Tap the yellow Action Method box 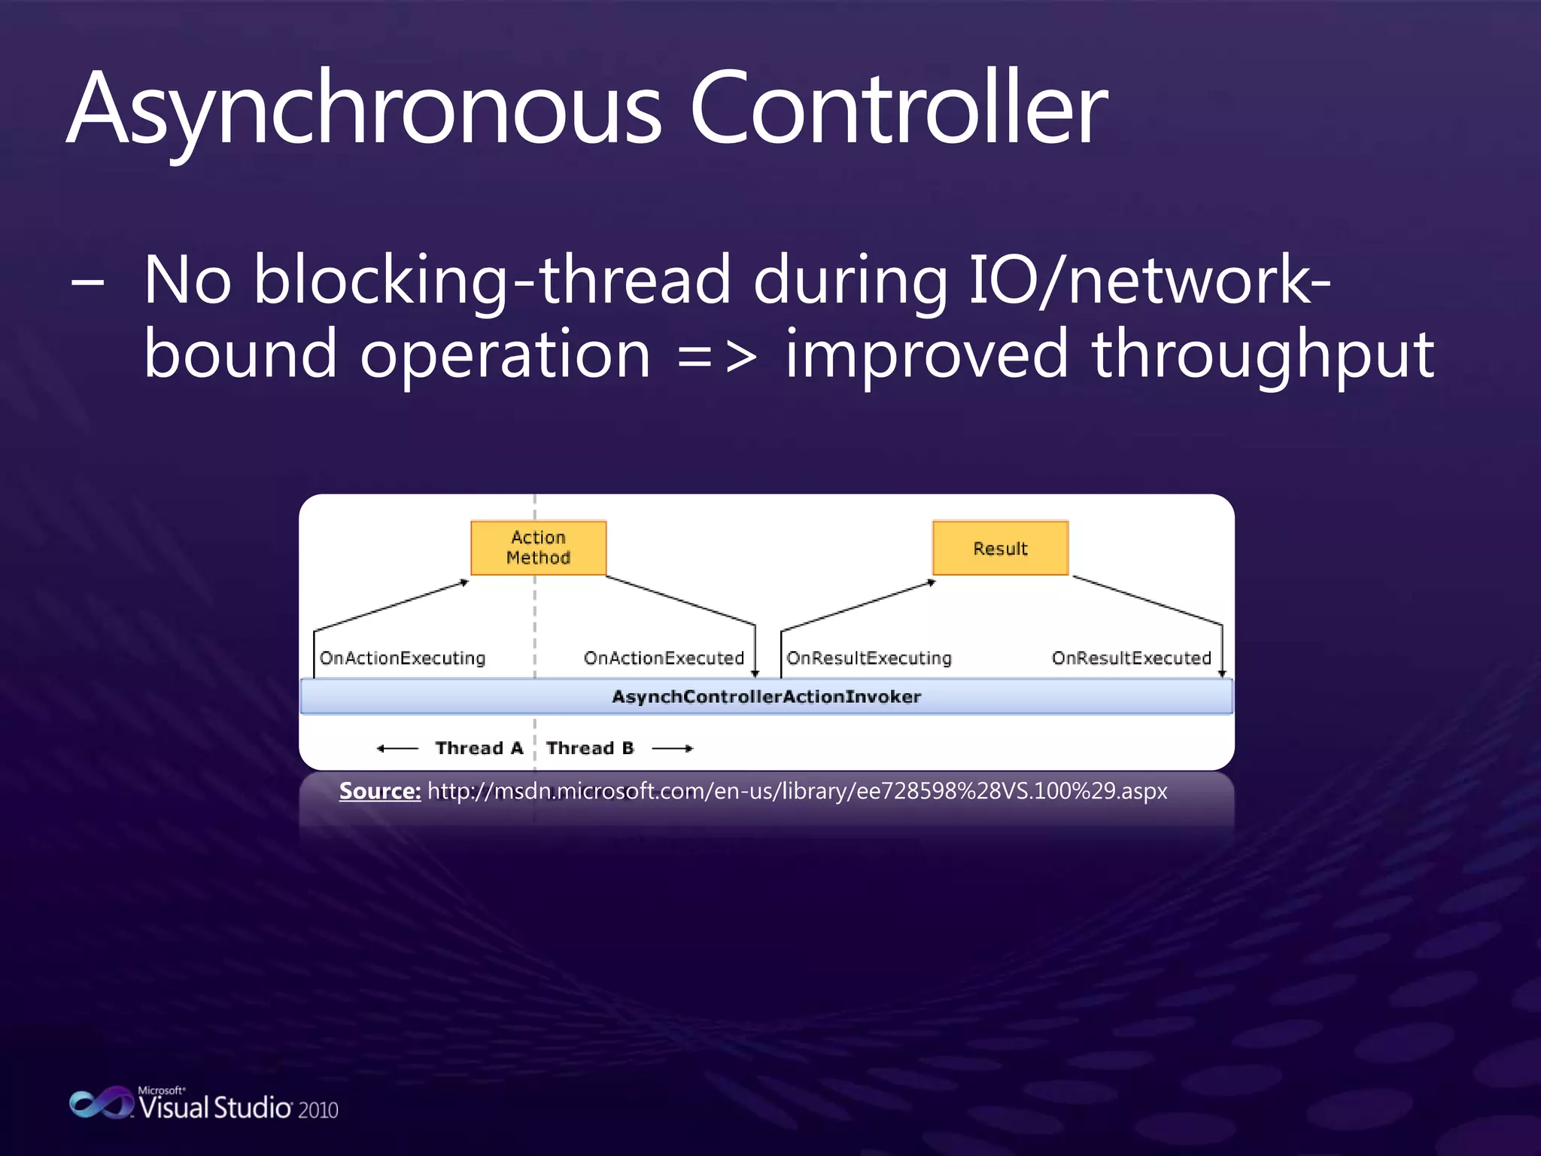[538, 548]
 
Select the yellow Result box [1000, 548]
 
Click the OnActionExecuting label [403, 658]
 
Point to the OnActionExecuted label [664, 658]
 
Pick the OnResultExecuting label [869, 658]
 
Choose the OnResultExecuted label [1131, 658]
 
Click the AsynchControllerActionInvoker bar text [766, 696]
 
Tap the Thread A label [479, 748]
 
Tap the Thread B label [590, 748]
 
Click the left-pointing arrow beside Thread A [397, 748]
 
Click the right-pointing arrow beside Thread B [672, 748]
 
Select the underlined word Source [379, 791]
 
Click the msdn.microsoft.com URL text [797, 791]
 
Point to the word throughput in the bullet [1262, 355]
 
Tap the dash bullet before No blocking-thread [87, 284]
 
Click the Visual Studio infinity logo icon [101, 1103]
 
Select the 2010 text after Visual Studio [318, 1110]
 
